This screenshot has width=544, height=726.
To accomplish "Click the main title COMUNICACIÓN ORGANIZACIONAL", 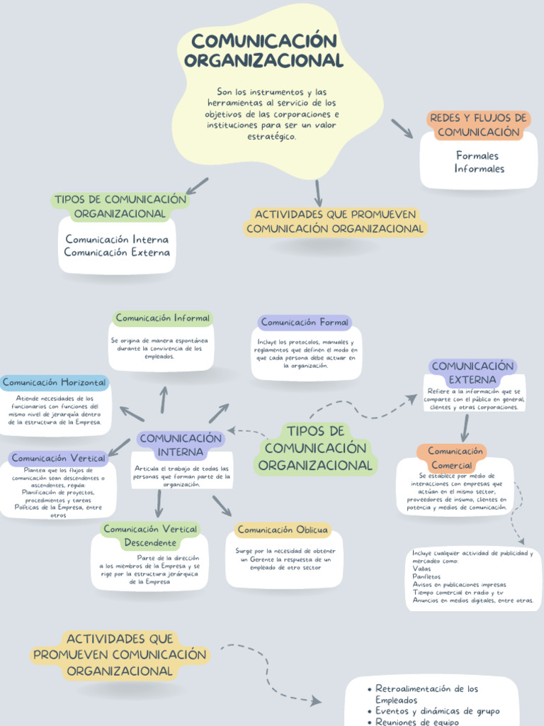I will pos(263,50).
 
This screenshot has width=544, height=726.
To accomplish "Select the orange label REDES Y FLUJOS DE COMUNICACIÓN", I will pos(478,125).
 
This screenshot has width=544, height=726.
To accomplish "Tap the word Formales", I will pos(477,155).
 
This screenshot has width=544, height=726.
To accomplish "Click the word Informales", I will pos(479,169).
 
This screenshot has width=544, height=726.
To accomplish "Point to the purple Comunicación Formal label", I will pos(305,323).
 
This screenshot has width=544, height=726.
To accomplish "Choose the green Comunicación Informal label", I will pos(163,318).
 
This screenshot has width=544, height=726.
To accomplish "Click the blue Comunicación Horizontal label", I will pos(55,383).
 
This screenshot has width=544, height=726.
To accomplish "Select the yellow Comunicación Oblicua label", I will pos(283,530).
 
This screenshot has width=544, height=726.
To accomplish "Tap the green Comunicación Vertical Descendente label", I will pos(150,536).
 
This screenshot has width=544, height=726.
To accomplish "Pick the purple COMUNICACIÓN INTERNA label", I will pos(181,445).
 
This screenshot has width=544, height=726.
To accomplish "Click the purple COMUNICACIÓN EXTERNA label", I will pos(472,373).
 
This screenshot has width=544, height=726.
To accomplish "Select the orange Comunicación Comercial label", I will pos(455,458).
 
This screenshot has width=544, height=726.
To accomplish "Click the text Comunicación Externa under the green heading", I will pos(117,252).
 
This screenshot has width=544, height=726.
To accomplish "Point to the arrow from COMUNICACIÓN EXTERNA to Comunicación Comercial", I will pos(465,428).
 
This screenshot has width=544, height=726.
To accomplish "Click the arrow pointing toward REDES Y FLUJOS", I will pos(402,128).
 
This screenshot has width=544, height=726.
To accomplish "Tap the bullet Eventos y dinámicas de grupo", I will pos(436,711).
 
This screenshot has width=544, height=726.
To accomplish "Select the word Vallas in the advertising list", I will pos(421,569).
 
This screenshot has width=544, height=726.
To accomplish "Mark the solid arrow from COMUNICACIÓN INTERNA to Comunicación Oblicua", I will pos(222,506).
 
